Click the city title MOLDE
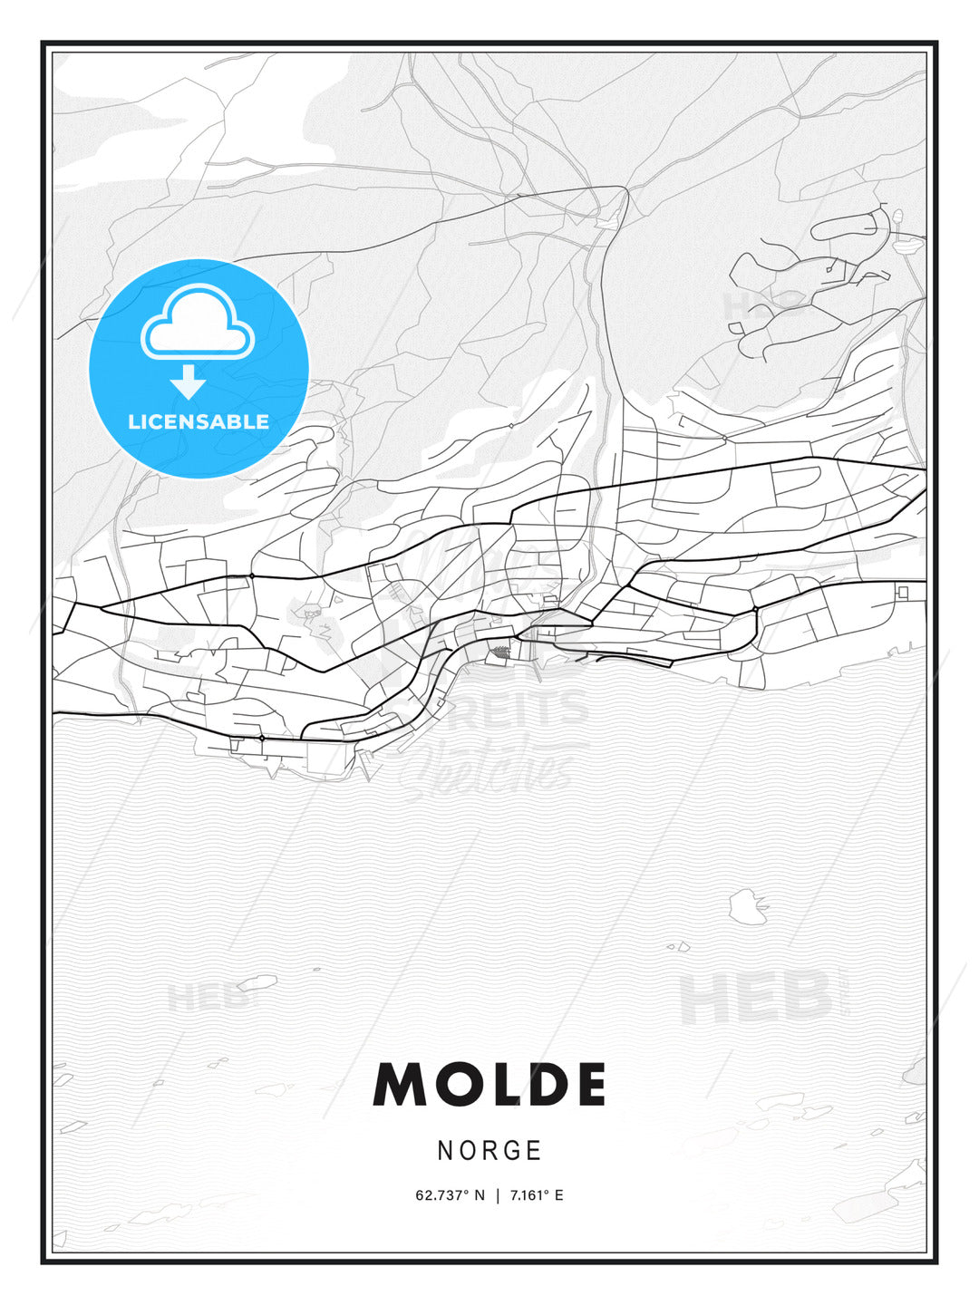tap(489, 1085)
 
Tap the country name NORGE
tap(489, 1150)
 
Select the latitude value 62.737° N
tap(451, 1195)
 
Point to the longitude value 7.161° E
tap(537, 1195)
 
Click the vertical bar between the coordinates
tap(498, 1195)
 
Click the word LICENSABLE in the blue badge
tap(199, 421)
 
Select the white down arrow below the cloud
tap(189, 382)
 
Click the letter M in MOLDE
tap(400, 1085)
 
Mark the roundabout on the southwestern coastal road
tap(262, 739)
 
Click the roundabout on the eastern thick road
tap(754, 609)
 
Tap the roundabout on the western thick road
tap(251, 575)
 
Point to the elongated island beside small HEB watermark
tap(257, 982)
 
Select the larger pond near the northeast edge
tap(907, 242)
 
